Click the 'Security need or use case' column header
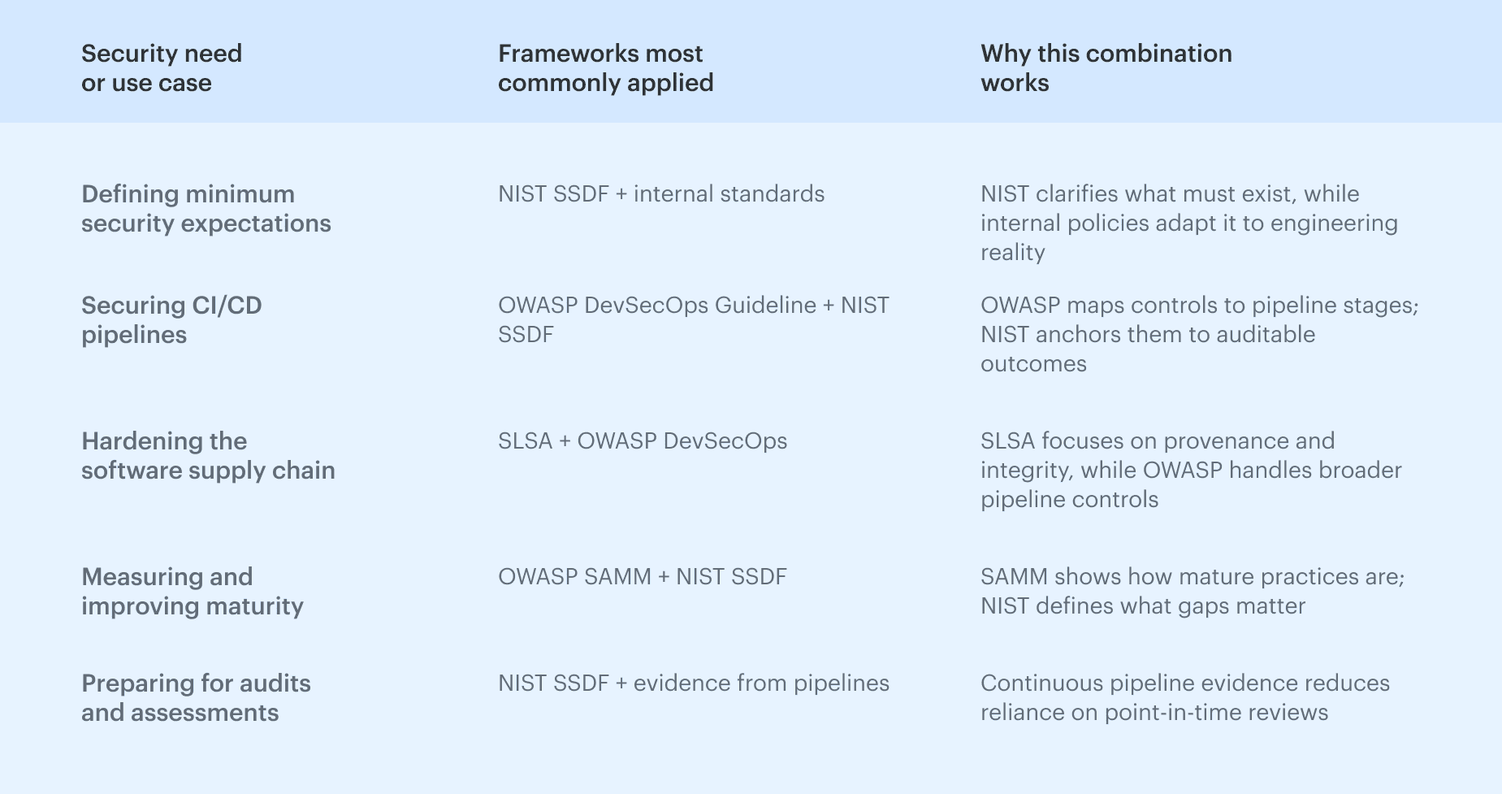pyautogui.click(x=162, y=68)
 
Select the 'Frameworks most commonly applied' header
pyautogui.click(x=605, y=68)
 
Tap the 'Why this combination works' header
pyautogui.click(x=1106, y=68)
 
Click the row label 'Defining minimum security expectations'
pyautogui.click(x=206, y=209)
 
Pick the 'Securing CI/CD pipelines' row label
pyautogui.click(x=171, y=320)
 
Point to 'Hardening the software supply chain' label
pyautogui.click(x=208, y=456)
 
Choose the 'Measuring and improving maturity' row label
pyautogui.click(x=193, y=592)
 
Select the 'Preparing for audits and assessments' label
pyautogui.click(x=196, y=698)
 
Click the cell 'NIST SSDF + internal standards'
pyautogui.click(x=661, y=194)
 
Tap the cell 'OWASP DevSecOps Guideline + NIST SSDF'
pyautogui.click(x=693, y=320)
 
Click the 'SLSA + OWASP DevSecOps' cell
pyautogui.click(x=643, y=441)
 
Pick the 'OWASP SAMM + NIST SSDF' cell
pyautogui.click(x=643, y=577)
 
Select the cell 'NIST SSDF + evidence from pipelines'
pyautogui.click(x=694, y=683)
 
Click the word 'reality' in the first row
pyautogui.click(x=1012, y=253)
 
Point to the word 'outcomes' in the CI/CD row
pyautogui.click(x=1033, y=364)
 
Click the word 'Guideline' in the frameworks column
pyautogui.click(x=765, y=306)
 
